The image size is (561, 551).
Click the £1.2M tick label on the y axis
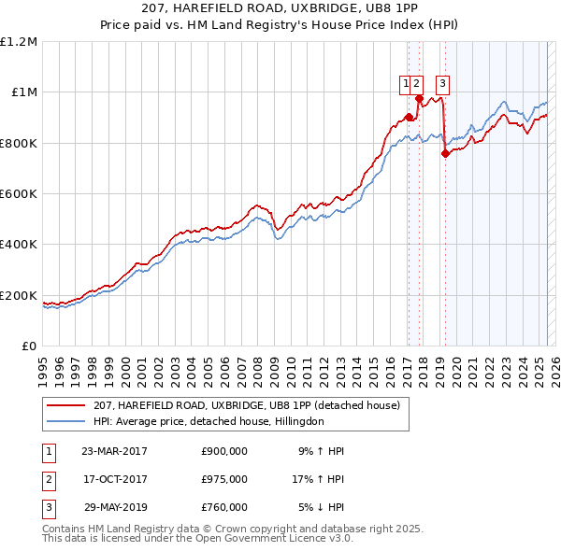point(20,41)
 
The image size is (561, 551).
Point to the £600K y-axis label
point(20,194)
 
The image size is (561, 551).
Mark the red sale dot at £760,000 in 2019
point(445,154)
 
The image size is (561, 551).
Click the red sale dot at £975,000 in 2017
point(419,99)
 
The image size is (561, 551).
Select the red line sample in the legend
point(67,405)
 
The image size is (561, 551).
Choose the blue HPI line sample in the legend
point(67,421)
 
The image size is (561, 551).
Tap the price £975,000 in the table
point(224,479)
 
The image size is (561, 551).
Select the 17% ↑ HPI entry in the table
point(319,479)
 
